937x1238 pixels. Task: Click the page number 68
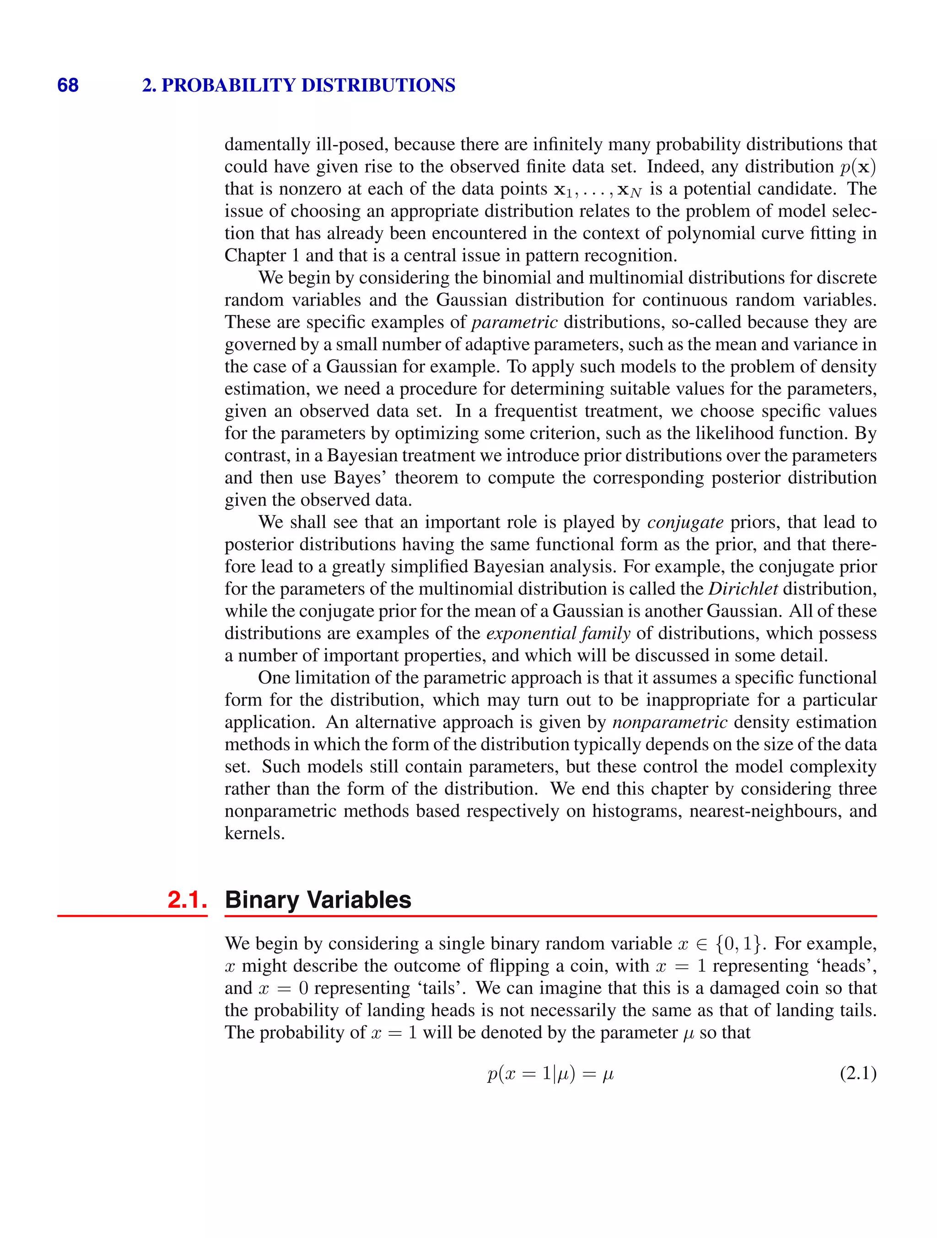[68, 85]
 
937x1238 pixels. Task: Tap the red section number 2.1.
[187, 899]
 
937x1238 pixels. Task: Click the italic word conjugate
[685, 522]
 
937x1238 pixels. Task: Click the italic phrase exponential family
[558, 633]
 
